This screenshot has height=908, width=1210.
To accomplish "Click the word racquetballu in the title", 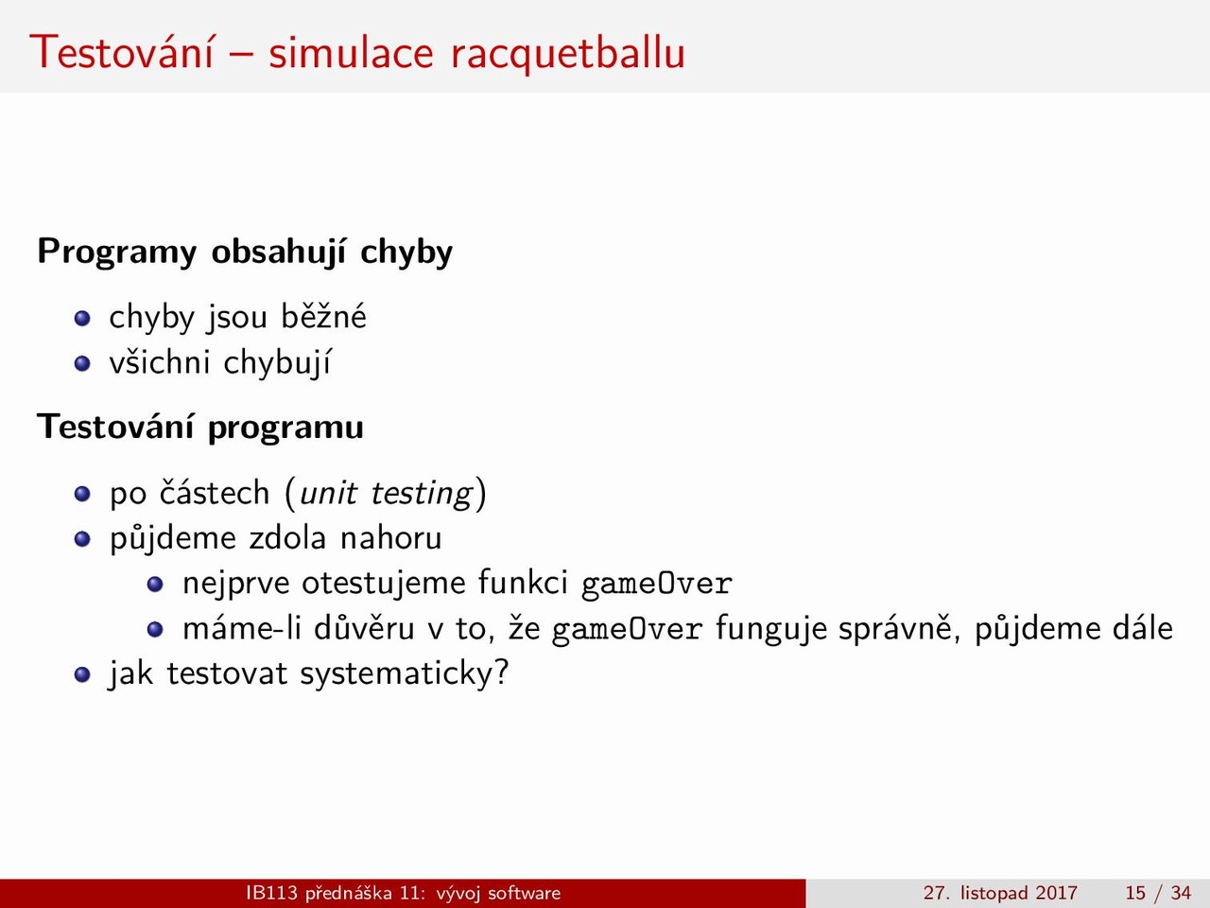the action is tap(568, 54).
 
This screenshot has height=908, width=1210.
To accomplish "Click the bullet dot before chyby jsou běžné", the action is tap(82, 319).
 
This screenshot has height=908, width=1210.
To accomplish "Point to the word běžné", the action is tap(323, 316).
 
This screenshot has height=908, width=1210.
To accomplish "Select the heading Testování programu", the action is tap(200, 428).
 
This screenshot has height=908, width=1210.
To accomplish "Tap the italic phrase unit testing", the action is tap(386, 493).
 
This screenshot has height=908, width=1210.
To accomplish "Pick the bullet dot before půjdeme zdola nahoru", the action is tap(82, 538).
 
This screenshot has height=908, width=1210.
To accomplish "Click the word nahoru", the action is tap(390, 538).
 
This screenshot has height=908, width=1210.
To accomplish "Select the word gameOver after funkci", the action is tap(657, 584).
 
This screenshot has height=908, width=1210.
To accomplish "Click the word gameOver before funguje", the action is tap(628, 629).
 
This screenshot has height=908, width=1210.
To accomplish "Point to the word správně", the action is tap(900, 629).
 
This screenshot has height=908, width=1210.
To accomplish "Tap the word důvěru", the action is tap(364, 627).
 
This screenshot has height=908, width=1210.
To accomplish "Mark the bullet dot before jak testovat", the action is tap(82, 674).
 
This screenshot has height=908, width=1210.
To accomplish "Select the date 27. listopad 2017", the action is tap(1000, 893).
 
